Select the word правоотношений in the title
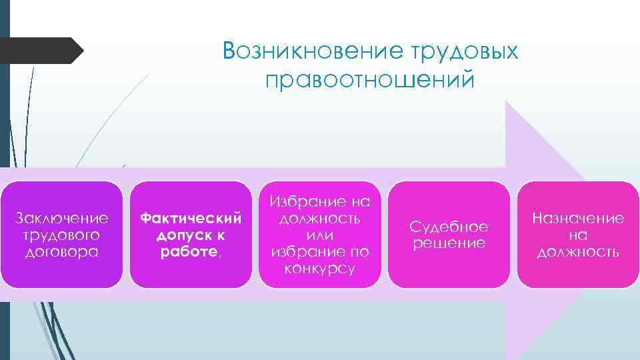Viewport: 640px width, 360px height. [x=371, y=80]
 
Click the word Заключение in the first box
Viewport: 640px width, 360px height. [x=61, y=218]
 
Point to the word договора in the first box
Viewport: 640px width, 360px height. [x=61, y=251]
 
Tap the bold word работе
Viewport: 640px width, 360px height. [x=187, y=251]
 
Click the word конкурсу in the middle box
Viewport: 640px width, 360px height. [x=319, y=269]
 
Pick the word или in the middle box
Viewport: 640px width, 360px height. [x=319, y=235]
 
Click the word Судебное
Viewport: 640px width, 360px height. [x=449, y=227]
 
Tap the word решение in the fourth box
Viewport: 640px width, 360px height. [x=449, y=243]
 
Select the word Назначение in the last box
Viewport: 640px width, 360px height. [x=578, y=218]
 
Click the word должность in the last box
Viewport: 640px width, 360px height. [x=578, y=251]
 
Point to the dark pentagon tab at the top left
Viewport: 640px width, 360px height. [x=40, y=50]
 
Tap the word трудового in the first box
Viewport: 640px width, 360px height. [x=61, y=235]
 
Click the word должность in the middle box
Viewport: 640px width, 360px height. [x=319, y=218]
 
